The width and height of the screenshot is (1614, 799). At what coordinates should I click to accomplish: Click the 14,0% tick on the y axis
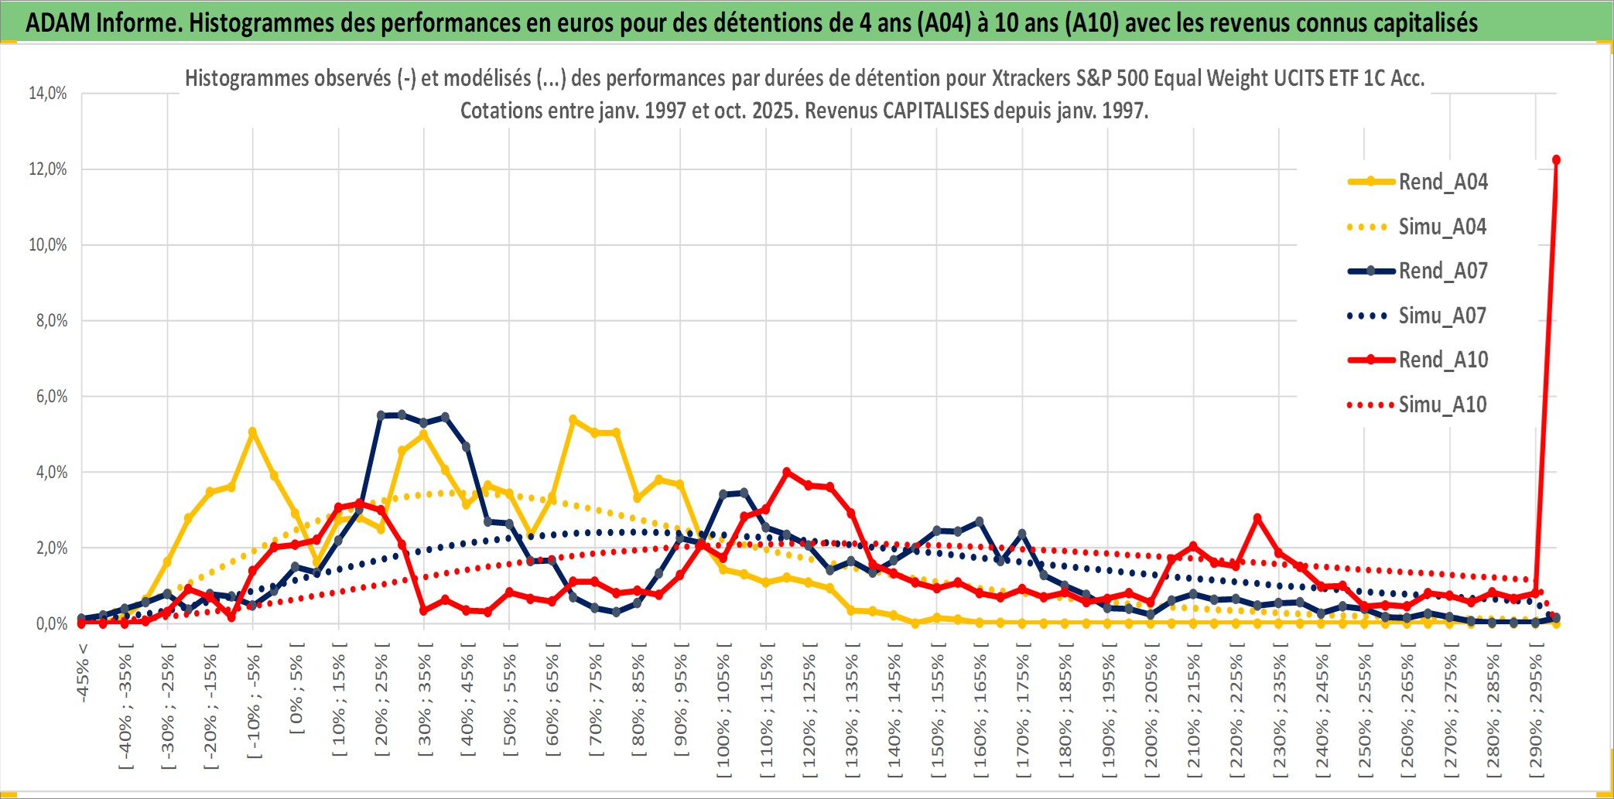[x=48, y=94]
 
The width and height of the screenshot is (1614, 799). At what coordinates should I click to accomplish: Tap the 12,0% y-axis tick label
[x=48, y=169]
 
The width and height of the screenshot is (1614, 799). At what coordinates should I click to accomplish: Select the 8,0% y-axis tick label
[x=51, y=320]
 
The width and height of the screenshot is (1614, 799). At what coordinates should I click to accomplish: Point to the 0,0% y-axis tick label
[x=51, y=623]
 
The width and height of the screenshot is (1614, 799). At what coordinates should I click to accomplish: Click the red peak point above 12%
[x=1556, y=160]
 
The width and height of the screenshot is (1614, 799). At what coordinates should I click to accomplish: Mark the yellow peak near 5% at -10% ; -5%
[x=252, y=432]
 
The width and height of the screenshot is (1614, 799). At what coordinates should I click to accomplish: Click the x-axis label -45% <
[x=83, y=674]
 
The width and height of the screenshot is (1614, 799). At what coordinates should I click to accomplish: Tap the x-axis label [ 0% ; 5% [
[x=297, y=688]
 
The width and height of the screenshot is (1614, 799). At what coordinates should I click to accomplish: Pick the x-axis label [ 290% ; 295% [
[x=1537, y=712]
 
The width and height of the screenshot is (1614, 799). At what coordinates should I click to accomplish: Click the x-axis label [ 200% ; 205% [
[x=1151, y=712]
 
